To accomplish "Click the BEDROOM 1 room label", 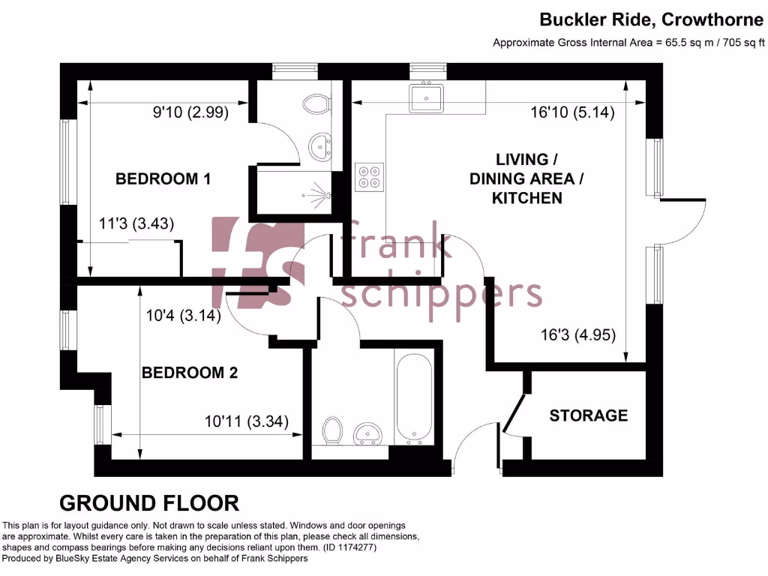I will (x=162, y=179).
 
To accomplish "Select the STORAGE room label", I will (x=588, y=415).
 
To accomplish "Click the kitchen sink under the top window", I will (x=426, y=98).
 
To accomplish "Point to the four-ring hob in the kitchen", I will (x=369, y=177).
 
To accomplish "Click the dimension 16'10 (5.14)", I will (x=572, y=113).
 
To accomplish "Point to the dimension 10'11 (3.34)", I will (x=246, y=421).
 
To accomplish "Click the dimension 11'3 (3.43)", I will (x=136, y=223).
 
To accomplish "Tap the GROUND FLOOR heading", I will (x=149, y=502).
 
